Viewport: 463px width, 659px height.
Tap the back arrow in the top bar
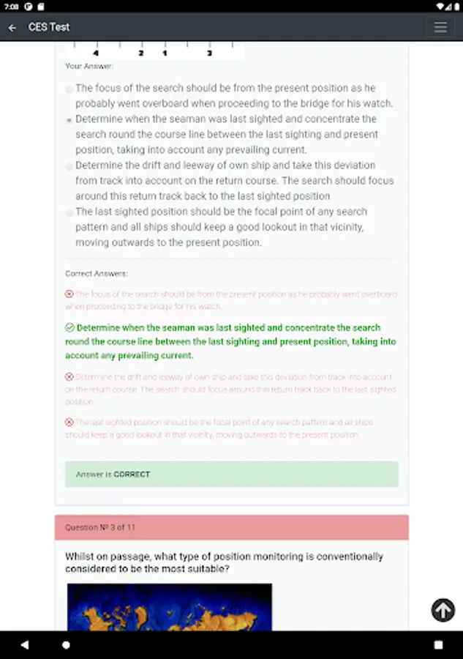point(12,28)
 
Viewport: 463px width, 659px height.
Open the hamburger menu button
point(440,27)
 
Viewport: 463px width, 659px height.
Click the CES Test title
point(49,27)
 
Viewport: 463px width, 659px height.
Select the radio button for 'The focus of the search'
point(69,89)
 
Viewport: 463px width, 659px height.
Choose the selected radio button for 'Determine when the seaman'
point(69,119)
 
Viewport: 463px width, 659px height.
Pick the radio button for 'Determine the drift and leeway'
point(69,166)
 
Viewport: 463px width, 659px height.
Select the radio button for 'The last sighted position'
point(69,212)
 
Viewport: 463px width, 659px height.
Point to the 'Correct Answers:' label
point(97,274)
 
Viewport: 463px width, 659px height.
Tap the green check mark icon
point(69,328)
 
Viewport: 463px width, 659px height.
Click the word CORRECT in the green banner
point(132,474)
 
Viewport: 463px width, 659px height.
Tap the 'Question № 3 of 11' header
point(100,527)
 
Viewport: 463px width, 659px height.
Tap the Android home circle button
point(66,645)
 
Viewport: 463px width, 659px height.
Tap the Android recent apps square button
point(438,645)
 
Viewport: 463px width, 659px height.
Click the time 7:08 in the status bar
point(12,6)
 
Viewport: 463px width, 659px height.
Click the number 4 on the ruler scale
point(96,53)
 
